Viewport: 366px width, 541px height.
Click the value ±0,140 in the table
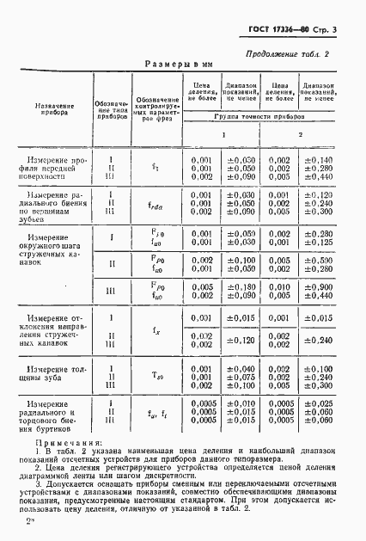317,160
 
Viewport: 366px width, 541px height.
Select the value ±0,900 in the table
317,287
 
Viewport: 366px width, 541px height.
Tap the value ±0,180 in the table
240,287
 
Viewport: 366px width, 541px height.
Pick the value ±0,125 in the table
317,243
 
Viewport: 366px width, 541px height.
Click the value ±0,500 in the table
317,265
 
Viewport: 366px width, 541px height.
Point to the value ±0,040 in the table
240,368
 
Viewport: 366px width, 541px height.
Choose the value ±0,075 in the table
240,376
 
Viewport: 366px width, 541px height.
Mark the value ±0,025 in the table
317,403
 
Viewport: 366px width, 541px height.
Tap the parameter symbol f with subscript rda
156,205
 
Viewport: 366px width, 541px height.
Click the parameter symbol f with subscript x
155,329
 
